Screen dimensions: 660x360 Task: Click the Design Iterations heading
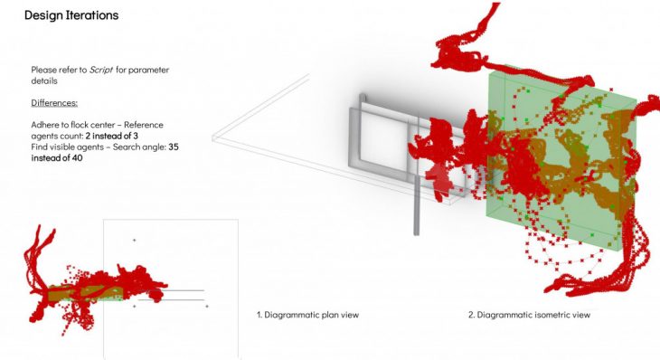click(71, 15)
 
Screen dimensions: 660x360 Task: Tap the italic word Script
click(101, 70)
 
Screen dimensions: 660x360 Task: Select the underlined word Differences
click(54, 103)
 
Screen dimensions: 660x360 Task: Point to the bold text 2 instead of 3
click(111, 136)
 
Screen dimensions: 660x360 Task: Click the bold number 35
click(174, 147)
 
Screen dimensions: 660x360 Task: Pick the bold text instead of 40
click(57, 158)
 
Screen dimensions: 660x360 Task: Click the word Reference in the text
click(144, 125)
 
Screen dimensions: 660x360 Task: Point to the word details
click(44, 81)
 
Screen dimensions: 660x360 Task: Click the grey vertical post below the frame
click(416, 205)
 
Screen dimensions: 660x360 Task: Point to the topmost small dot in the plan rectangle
click(135, 240)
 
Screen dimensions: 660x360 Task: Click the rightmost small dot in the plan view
click(207, 306)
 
